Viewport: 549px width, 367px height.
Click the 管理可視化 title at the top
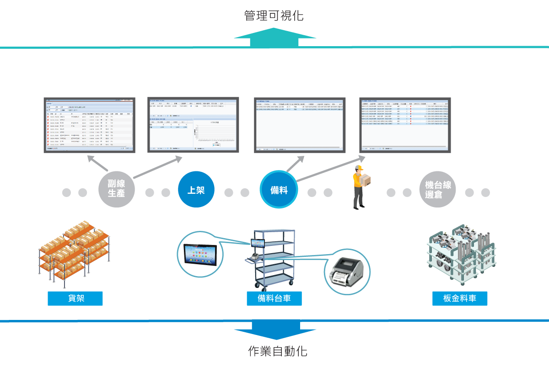(274, 16)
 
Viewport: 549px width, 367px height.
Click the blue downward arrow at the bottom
(275, 330)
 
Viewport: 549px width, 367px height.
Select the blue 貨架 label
(75, 298)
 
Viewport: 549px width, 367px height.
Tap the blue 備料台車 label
(274, 298)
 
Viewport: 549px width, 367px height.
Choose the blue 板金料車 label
(460, 298)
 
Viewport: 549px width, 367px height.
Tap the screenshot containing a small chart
(193, 124)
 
